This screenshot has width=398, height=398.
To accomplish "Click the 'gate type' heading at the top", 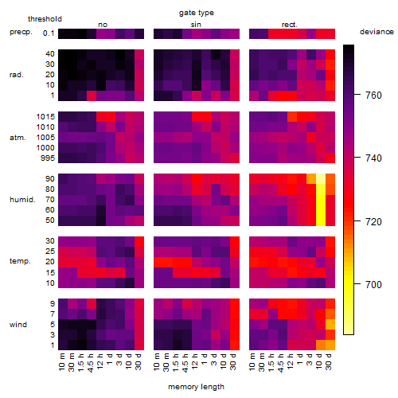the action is tap(197, 13).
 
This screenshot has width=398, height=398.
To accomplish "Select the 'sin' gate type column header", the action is tap(196, 25).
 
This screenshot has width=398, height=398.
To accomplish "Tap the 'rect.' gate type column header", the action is tap(289, 25).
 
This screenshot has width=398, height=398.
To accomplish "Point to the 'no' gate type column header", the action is tap(103, 25).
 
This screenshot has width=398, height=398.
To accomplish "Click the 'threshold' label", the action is tap(45, 19).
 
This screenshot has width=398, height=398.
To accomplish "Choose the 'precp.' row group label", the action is tap(21, 32).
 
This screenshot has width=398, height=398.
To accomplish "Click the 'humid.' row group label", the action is tap(22, 200).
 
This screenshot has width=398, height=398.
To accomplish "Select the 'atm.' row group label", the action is tap(18, 138).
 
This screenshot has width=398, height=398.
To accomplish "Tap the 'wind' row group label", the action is tap(18, 325).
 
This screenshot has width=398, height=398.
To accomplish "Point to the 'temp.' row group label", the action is tap(20, 261).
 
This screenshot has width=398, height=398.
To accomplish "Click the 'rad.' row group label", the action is tap(17, 75).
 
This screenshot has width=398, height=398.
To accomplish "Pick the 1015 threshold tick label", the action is tap(45, 117).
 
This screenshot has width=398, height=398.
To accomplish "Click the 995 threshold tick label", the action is tap(48, 158).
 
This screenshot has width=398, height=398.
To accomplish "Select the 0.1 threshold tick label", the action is tap(49, 33).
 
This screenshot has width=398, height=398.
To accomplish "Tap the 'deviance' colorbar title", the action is tap(377, 32).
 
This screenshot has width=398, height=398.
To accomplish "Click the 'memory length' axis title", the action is tap(197, 387).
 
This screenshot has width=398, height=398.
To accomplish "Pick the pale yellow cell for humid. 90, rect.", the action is tap(321, 179).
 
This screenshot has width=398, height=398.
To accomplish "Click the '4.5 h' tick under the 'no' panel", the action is tap(90, 362).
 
